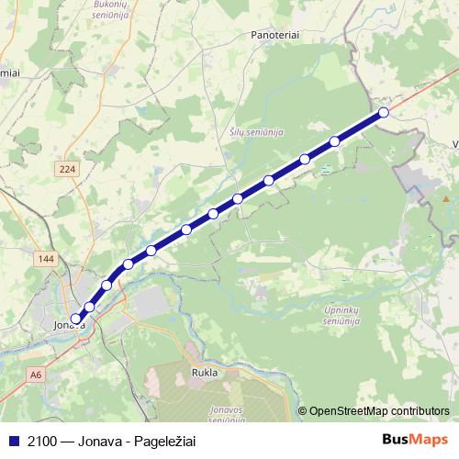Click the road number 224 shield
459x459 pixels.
tap(66, 169)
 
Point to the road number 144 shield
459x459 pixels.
tap(48, 259)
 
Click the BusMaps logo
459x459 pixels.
tap(414, 440)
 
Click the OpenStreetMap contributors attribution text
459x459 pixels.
tap(378, 410)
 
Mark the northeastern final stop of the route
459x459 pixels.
tap(384, 113)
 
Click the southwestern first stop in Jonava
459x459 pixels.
tap(76, 319)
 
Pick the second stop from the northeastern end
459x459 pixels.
tap(335, 141)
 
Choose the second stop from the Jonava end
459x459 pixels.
tap(89, 307)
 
